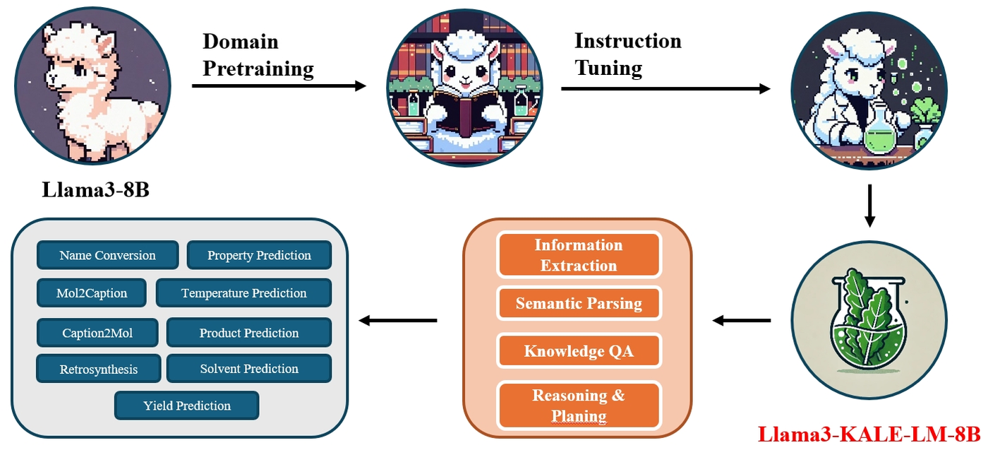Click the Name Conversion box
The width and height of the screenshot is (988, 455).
[x=107, y=255]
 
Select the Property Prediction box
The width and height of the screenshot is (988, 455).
[x=259, y=255]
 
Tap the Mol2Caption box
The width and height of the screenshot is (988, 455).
[x=92, y=292]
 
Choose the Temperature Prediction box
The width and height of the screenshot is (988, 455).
[x=243, y=292]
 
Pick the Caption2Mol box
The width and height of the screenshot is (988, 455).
[x=97, y=332]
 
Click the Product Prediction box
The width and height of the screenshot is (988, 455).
[x=248, y=332]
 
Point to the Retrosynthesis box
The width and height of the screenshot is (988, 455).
[x=99, y=369]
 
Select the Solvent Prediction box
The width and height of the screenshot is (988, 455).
[x=248, y=368]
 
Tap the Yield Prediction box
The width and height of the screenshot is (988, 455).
[x=187, y=406]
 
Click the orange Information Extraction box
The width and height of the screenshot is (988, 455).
[x=579, y=255]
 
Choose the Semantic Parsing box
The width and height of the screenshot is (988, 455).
[x=579, y=304]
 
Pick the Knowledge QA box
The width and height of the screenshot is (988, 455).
[x=579, y=351]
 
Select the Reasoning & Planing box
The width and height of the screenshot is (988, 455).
[x=579, y=405]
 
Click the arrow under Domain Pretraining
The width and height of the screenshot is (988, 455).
[x=279, y=86]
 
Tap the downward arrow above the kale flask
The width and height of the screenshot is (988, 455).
[x=869, y=206]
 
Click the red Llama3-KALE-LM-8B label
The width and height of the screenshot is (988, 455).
[x=869, y=434]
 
